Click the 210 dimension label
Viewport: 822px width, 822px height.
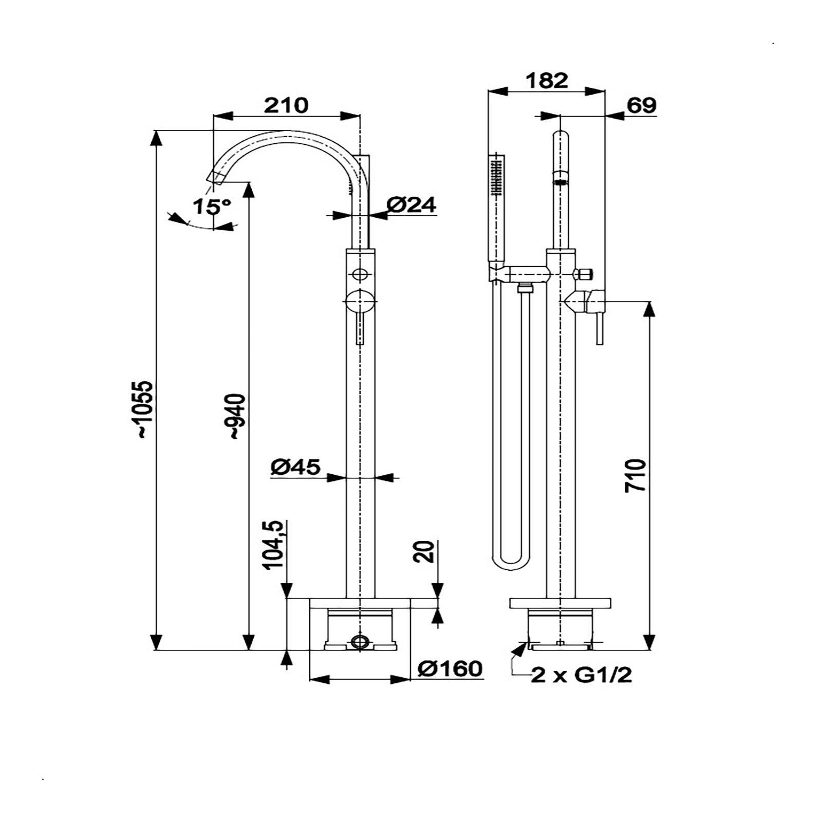coord(286,105)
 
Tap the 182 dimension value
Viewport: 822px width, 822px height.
coord(547,81)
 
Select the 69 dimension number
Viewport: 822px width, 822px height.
coord(642,105)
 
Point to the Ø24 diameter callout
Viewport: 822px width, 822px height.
coord(411,205)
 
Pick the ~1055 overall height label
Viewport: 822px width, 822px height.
coord(145,409)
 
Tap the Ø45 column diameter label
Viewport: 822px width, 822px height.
coord(295,467)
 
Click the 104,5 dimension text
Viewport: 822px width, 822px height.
coord(273,545)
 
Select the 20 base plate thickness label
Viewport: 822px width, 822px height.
coord(426,552)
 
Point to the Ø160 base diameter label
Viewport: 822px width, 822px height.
coord(450,668)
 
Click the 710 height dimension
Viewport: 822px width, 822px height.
coord(636,476)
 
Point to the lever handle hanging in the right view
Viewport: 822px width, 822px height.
coord(599,329)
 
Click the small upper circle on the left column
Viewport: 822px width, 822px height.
coord(361,273)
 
